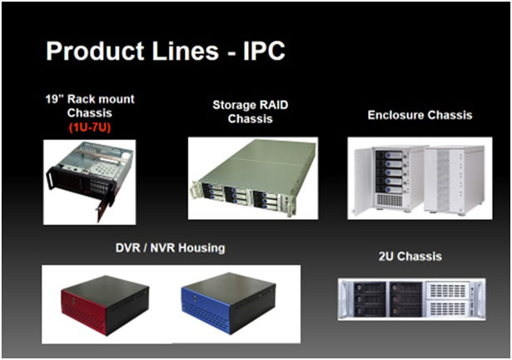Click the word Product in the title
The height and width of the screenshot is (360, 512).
[95, 51]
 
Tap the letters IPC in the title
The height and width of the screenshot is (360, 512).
[265, 51]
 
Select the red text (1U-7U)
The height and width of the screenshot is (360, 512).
[90, 127]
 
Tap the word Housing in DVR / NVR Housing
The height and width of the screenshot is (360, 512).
[201, 248]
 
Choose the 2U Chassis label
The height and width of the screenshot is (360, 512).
[410, 257]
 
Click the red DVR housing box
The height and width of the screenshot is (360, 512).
[105, 305]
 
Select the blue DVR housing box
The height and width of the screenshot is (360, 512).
[228, 303]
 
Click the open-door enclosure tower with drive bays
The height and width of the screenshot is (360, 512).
[389, 180]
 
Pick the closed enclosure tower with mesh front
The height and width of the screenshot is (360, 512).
[454, 179]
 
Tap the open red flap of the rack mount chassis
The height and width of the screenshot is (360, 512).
[104, 207]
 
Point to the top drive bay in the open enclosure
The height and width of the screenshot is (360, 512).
[390, 155]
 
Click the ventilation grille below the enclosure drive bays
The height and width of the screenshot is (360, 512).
[390, 200]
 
